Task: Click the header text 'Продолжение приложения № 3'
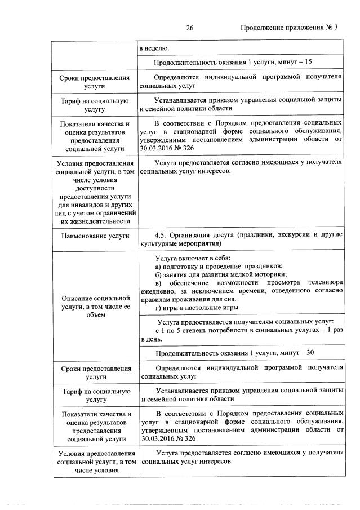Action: click(x=288, y=29)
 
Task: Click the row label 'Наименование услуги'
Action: click(x=94, y=236)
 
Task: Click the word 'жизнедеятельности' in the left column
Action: click(x=94, y=221)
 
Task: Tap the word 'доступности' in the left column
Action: click(x=94, y=188)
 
